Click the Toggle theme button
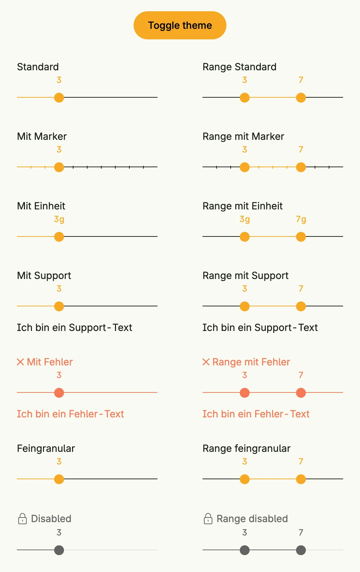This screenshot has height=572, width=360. click(x=180, y=25)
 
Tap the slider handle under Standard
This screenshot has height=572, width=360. click(x=59, y=98)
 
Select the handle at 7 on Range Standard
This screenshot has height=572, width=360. click(x=301, y=98)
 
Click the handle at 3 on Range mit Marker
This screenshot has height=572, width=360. click(x=245, y=167)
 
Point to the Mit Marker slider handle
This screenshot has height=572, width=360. click(x=59, y=167)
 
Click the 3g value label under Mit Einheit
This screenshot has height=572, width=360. click(x=59, y=219)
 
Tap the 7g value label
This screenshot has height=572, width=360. click(x=301, y=219)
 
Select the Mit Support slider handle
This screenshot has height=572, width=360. click(x=59, y=306)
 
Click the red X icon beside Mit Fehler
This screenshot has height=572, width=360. click(x=20, y=362)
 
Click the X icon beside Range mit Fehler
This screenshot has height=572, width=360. click(x=206, y=362)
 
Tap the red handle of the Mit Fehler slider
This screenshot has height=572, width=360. click(x=59, y=393)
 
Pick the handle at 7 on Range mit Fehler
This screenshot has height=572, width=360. click(x=301, y=393)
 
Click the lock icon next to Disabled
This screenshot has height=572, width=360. click(x=22, y=519)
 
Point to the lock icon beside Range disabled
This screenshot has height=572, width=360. click(x=208, y=519)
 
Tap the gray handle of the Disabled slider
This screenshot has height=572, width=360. click(x=59, y=550)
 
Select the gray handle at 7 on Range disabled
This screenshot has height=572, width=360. click(x=301, y=550)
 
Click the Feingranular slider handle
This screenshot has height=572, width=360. click(x=59, y=479)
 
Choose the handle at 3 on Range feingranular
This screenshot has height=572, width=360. click(x=245, y=479)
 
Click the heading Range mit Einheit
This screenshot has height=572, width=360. click(x=243, y=206)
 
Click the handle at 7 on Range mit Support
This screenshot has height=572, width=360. click(x=301, y=306)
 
